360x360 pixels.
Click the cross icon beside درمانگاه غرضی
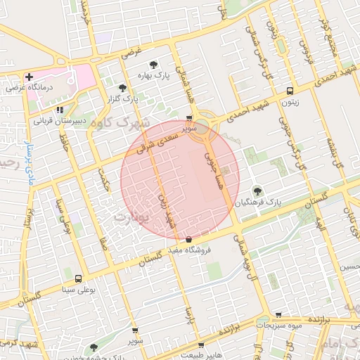point(29,77)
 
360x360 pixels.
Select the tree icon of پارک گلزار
point(124,88)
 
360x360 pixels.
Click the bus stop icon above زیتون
point(290,91)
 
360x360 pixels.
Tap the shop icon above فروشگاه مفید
point(189,240)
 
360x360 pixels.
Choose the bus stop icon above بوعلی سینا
point(77,278)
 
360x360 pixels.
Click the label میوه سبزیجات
point(279,326)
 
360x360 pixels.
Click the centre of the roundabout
point(202,127)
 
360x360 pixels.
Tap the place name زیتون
point(290,102)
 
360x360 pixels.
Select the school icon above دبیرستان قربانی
point(60,110)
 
